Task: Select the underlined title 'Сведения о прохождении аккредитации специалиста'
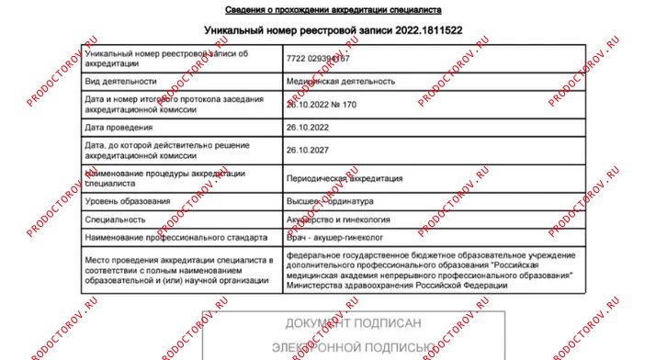[321, 9]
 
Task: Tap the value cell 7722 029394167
[318, 59]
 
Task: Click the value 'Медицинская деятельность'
[341, 81]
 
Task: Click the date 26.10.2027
[308, 150]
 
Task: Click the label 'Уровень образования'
[128, 201]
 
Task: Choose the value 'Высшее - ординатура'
[331, 201]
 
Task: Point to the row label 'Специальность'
[115, 220]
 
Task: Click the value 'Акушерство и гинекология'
[339, 220]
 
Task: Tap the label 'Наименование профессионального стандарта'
[175, 238]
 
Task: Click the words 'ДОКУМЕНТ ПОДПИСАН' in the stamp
[354, 323]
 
